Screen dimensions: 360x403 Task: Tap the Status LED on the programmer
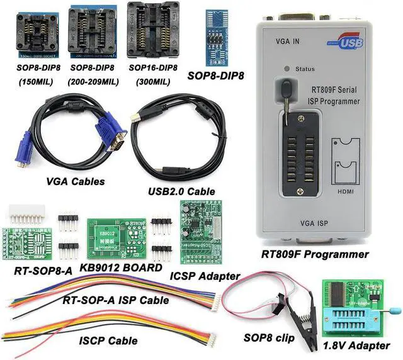pos(288,68)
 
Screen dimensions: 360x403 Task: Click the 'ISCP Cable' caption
pos(109,323)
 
